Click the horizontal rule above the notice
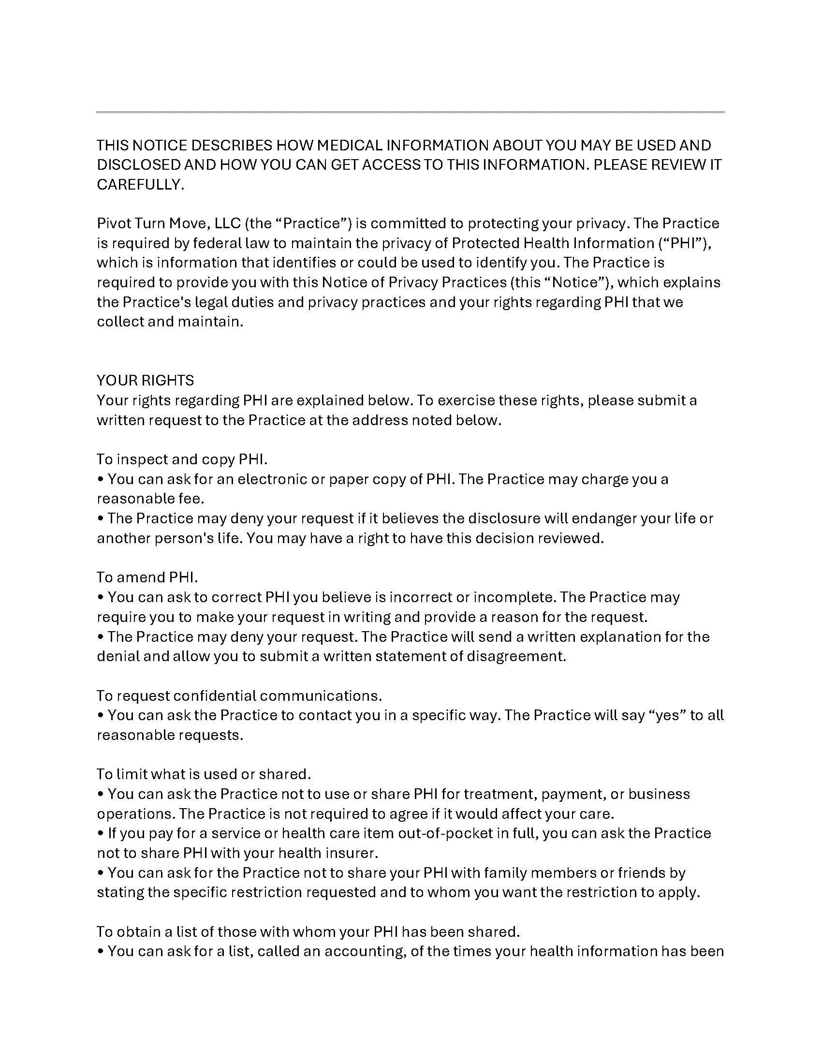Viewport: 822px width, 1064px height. tap(410, 112)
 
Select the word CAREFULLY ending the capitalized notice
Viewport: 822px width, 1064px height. tap(139, 185)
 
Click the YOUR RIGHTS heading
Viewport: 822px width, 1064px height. tap(145, 381)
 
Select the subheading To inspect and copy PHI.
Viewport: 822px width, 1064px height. tap(182, 459)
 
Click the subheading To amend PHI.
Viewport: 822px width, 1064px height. tap(147, 577)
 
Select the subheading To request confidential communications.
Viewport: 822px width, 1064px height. tap(239, 695)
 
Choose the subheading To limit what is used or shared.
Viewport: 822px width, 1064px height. tap(204, 774)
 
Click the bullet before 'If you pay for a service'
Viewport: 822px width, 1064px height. tap(101, 834)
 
